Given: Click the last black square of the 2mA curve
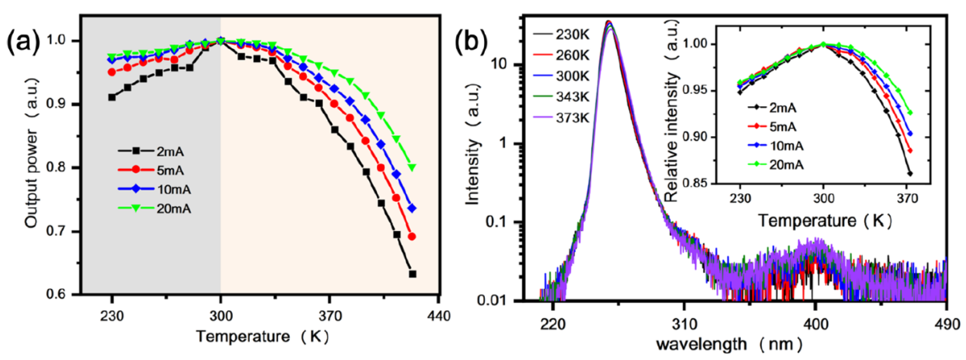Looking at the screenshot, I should tap(412, 274).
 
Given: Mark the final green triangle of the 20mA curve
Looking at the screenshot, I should tap(412, 167).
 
